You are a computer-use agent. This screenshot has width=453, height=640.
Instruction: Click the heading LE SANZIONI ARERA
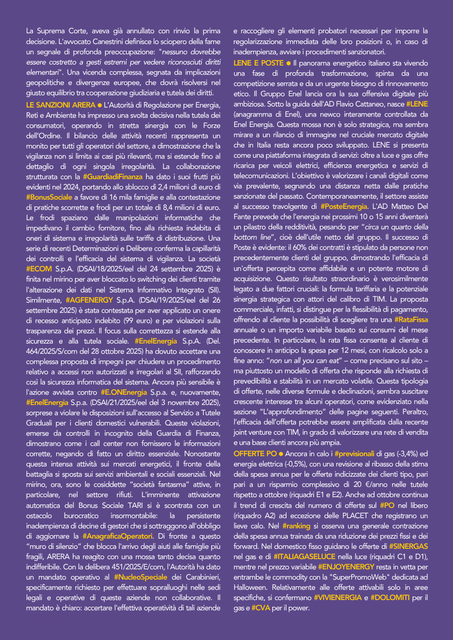(60, 105)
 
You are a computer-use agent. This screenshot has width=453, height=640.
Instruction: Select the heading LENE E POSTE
(258, 63)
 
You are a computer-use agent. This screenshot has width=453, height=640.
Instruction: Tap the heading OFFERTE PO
(255, 454)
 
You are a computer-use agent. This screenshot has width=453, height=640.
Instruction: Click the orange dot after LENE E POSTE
(289, 63)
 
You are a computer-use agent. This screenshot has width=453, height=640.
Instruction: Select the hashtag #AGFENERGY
(88, 300)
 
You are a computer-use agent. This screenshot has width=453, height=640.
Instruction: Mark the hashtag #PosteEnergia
(344, 206)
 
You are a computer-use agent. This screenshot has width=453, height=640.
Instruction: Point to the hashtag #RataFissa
(411, 319)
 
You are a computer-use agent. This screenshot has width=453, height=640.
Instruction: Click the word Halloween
(251, 587)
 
